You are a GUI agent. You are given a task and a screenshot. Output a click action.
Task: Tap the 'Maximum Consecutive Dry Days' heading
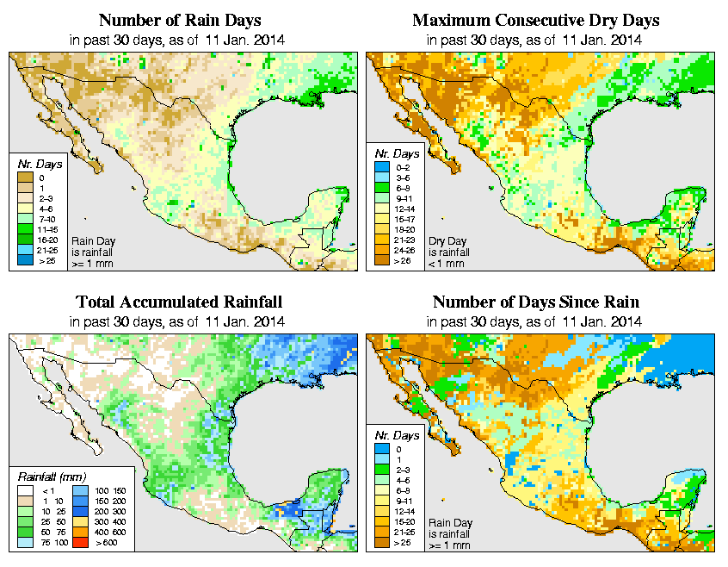pos(536,20)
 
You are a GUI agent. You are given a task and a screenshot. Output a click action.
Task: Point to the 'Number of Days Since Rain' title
pos(536,302)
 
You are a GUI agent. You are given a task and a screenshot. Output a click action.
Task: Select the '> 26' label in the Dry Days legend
pos(402,259)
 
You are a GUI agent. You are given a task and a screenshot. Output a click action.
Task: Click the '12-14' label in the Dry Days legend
pos(403,208)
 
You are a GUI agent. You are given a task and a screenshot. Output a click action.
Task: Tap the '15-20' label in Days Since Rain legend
pos(402,521)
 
